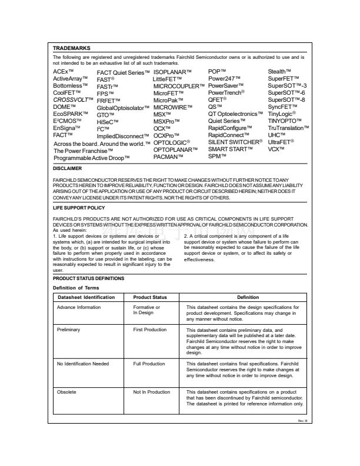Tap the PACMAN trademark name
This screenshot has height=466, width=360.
171,157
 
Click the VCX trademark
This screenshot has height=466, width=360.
276,149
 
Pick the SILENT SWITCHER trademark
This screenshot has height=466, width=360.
236,142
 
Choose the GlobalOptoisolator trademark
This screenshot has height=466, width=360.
124,108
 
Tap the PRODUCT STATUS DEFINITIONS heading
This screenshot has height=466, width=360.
88,278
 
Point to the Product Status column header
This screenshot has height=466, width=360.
151,298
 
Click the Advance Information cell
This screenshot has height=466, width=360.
78,307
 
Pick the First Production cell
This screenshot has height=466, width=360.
150,331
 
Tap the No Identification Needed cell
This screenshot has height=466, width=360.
83,364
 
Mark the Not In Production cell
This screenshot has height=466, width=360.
152,391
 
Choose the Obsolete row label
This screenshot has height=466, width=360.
66,391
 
